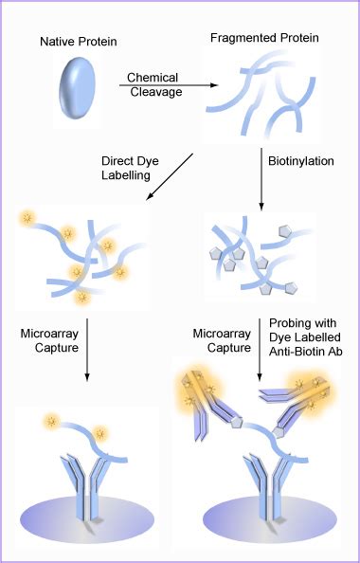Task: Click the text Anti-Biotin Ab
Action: (311, 355)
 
